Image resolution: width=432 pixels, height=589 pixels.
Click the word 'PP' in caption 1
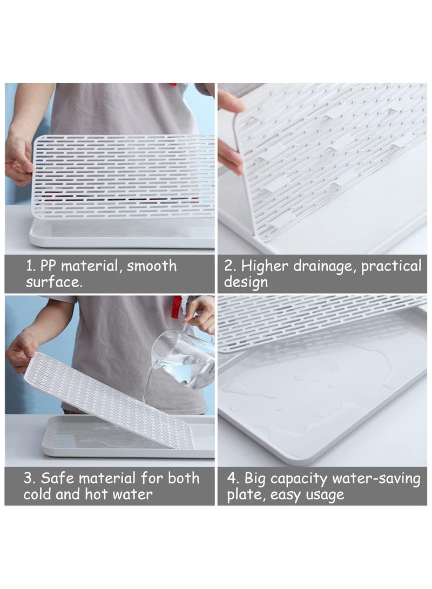tap(52, 266)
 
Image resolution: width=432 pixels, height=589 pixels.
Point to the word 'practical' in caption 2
tap(391, 267)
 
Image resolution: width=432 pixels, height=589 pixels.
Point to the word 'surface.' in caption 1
tap(55, 282)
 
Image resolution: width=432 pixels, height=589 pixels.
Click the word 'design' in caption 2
tap(246, 282)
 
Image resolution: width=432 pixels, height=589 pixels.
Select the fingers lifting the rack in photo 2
tap(231, 130)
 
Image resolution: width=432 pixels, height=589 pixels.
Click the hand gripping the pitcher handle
tap(201, 314)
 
